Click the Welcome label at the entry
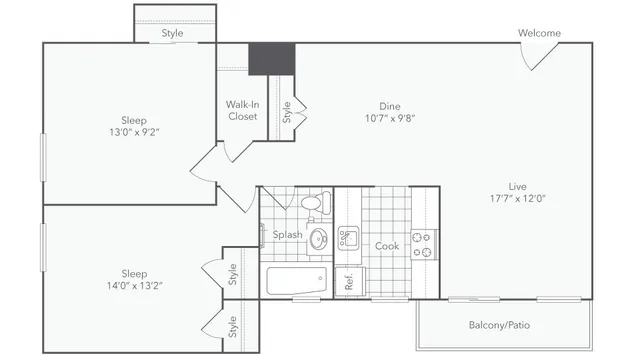pyautogui.click(x=539, y=33)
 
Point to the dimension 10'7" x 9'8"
pyautogui.click(x=389, y=118)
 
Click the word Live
pyautogui.click(x=517, y=186)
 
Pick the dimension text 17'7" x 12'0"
pyautogui.click(x=517, y=198)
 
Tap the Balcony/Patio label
pyautogui.click(x=500, y=325)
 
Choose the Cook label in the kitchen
pyautogui.click(x=387, y=246)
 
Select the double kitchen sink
pyautogui.click(x=348, y=238)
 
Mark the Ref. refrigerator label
pyautogui.click(x=350, y=282)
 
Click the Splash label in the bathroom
pyautogui.click(x=288, y=235)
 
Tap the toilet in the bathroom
pyautogui.click(x=312, y=203)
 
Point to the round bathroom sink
pyautogui.click(x=319, y=239)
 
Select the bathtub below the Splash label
pyautogui.click(x=295, y=280)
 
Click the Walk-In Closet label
pyautogui.click(x=242, y=110)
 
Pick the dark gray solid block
pyautogui.click(x=271, y=58)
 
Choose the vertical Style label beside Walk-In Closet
pyautogui.click(x=286, y=112)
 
